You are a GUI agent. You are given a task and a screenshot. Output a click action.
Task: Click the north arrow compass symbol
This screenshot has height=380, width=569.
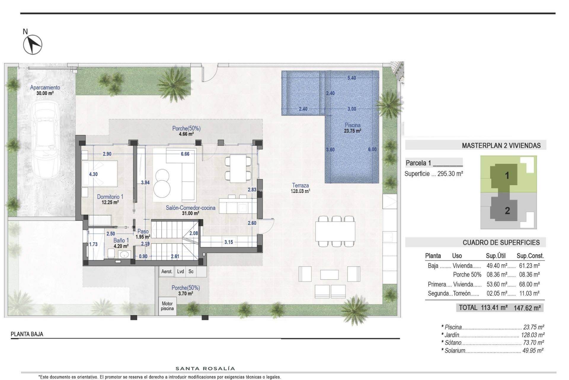[33, 45]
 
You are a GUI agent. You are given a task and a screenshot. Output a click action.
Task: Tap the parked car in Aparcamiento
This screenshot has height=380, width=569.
[45, 140]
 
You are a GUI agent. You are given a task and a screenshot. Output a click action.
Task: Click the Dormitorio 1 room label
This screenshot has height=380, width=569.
[110, 197]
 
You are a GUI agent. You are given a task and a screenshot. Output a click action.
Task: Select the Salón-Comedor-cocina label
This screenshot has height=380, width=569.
[190, 208]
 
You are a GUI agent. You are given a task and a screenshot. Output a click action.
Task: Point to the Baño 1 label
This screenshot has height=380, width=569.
[121, 240]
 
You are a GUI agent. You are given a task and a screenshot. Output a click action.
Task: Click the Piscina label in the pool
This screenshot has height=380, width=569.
[352, 125]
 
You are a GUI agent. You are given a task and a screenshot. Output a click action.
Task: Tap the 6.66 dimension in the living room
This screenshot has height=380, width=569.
[185, 154]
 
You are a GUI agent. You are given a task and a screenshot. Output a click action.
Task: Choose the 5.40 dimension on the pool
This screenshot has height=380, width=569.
[351, 78]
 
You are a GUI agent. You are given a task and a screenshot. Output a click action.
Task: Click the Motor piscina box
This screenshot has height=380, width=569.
[167, 306]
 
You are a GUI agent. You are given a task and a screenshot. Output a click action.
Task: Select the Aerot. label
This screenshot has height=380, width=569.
[167, 271]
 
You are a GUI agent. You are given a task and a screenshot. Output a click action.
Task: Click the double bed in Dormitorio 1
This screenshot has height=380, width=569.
[100, 174]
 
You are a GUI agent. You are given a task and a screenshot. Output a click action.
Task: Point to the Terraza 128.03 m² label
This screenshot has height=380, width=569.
[300, 188]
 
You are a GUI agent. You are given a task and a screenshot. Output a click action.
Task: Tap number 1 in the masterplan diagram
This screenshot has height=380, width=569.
[507, 175]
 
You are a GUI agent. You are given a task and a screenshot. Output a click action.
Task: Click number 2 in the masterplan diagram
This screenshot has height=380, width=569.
[507, 210]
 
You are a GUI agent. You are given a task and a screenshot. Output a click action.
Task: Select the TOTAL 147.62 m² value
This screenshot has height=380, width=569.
[527, 308]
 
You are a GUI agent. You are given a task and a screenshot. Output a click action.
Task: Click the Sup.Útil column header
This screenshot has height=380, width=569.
[496, 256]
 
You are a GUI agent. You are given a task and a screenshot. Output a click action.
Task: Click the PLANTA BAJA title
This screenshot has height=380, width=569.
[27, 334]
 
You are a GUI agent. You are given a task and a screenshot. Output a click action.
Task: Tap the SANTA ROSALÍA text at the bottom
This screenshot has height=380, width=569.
[205, 368]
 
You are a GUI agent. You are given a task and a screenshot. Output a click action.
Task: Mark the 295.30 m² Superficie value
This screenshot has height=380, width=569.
[450, 174]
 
